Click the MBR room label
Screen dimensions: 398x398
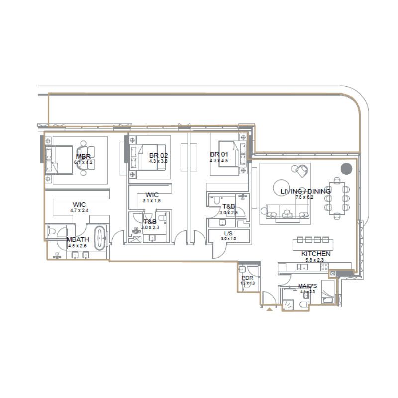(83, 157)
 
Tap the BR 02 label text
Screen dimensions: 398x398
(158, 155)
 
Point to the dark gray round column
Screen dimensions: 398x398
(346, 169)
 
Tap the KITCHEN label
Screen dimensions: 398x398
(315, 254)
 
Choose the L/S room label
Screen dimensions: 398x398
(228, 233)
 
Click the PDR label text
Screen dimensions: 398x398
(247, 278)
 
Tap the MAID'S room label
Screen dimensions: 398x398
(307, 286)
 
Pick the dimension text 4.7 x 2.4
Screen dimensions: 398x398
(79, 210)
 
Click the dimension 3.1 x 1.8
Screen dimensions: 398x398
(152, 200)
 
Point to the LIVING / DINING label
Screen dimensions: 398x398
(305, 191)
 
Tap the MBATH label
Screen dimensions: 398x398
(77, 239)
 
